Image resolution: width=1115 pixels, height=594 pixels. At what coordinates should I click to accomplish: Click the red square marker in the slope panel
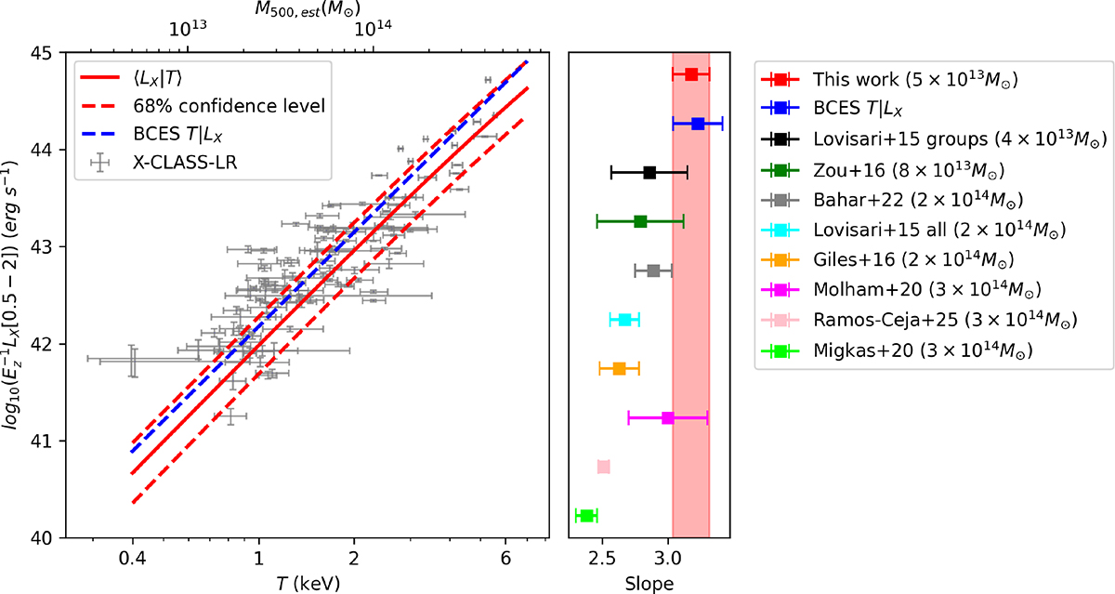691,74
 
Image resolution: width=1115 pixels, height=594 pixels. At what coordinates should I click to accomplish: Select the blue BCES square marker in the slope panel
698,124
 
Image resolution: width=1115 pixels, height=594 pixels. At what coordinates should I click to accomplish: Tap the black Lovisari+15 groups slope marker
649,173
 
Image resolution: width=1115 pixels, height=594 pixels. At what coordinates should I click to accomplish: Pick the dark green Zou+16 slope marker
640,221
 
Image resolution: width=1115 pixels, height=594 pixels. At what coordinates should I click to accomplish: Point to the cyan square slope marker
624,320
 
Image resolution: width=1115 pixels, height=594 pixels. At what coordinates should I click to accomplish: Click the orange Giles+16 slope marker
619,369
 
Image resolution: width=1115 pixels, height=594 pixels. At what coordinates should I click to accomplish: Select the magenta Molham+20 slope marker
668,418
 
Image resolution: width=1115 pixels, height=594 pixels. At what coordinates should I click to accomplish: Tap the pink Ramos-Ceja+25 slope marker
603,467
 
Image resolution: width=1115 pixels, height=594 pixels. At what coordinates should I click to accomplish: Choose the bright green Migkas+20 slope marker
587,516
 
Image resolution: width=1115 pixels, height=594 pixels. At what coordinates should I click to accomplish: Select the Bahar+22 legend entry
892,200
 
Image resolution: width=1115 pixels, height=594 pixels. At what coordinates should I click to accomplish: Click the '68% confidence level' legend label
229,106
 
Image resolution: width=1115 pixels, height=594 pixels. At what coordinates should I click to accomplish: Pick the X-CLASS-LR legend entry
185,163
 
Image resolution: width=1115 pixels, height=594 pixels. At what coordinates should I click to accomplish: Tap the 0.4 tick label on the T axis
132,559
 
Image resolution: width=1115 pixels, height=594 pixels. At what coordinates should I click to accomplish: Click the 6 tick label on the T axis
505,559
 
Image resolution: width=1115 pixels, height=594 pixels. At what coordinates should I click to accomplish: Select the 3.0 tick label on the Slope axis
668,559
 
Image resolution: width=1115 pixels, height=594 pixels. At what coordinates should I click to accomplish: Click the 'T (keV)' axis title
308,583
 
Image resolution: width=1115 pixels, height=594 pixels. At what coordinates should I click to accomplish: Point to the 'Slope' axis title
649,584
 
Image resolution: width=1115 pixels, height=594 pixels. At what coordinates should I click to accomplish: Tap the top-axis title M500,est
308,9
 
